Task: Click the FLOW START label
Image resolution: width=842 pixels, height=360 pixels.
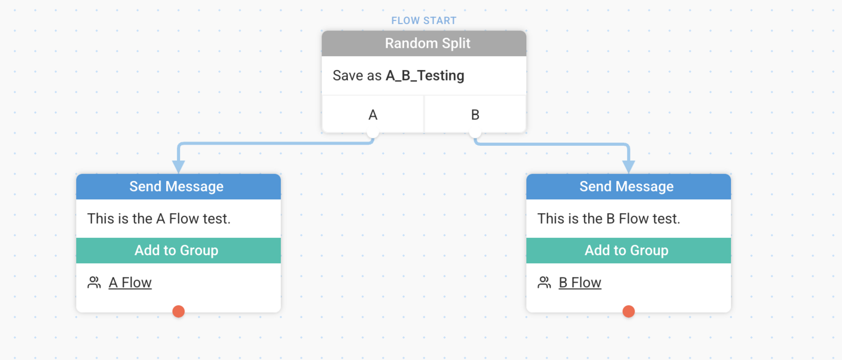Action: [424, 21]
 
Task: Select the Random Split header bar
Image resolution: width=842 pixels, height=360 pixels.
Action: [424, 44]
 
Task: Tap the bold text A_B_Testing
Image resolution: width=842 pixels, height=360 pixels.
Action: [425, 76]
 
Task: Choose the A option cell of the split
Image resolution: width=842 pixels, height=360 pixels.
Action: [373, 114]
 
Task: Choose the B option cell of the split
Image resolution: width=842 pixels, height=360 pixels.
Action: [475, 114]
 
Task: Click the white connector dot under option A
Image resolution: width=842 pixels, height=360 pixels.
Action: [373, 133]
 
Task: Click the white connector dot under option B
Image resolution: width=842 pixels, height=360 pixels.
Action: [475, 133]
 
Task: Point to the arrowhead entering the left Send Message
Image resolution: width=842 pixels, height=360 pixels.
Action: [178, 166]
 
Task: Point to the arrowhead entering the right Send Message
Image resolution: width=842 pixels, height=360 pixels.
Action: [628, 166]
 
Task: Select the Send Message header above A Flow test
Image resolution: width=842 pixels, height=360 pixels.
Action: [178, 186]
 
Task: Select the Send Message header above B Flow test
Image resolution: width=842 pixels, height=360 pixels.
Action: [628, 186]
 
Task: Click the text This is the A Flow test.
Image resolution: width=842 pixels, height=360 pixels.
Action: [158, 219]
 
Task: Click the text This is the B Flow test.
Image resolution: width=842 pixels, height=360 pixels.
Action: [608, 219]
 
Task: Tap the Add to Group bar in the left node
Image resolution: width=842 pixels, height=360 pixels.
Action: [178, 251]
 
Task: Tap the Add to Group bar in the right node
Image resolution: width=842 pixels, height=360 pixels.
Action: [628, 251]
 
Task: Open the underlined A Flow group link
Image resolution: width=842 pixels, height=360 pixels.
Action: [130, 283]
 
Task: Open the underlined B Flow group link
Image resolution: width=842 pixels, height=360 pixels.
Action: [580, 283]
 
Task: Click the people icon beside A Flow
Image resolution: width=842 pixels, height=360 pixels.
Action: [94, 283]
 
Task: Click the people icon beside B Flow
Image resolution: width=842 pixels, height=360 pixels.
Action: [544, 283]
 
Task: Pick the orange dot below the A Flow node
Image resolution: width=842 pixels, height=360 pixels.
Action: [178, 311]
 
